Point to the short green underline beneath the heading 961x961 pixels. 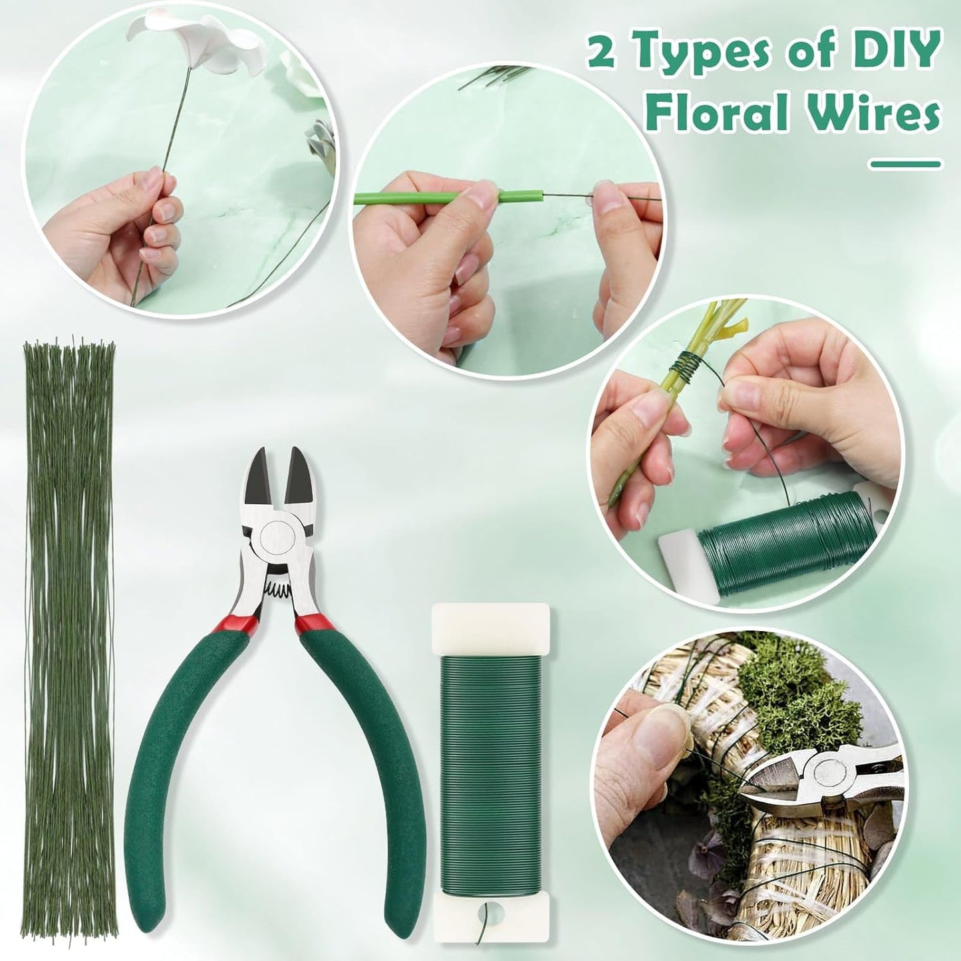(x=905, y=163)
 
